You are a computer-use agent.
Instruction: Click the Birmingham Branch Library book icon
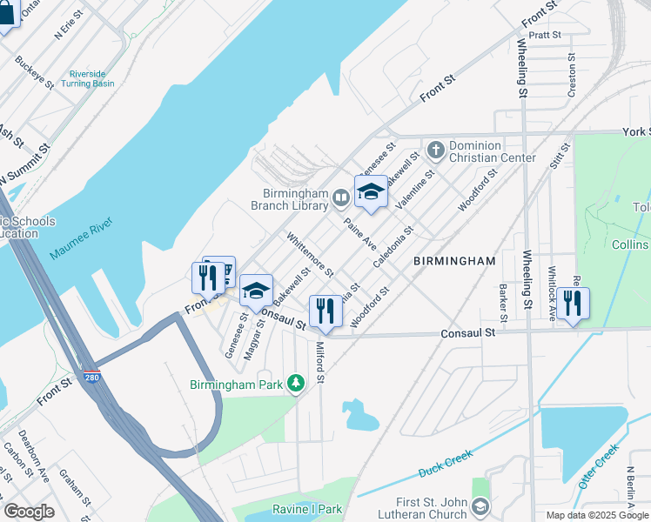342,200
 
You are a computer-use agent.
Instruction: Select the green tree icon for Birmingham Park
296,384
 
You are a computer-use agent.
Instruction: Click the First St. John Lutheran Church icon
480,505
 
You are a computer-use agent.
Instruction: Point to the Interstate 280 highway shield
93,377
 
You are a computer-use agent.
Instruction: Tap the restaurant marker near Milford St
325,311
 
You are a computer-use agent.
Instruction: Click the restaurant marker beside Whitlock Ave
574,304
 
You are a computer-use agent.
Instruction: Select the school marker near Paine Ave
371,192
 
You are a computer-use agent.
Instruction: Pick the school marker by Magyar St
256,291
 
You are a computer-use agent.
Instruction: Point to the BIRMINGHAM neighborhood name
454,261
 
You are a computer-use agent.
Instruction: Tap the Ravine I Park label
306,509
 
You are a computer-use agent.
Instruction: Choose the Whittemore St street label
309,253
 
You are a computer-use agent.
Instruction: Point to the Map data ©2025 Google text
596,515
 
